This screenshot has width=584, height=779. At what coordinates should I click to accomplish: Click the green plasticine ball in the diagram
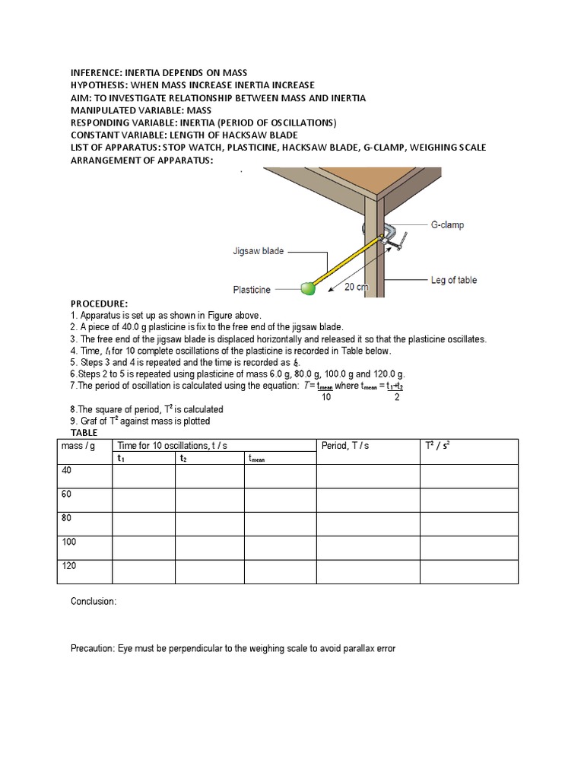click(308, 288)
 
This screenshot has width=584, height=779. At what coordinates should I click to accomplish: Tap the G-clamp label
click(447, 225)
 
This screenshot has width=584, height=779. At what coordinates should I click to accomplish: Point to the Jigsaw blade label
click(258, 250)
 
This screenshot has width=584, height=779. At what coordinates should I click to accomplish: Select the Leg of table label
click(454, 280)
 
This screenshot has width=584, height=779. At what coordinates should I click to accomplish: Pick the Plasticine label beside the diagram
click(252, 290)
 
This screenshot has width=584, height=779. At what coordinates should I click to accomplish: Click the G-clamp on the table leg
click(389, 237)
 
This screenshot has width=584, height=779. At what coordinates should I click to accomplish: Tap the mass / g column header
click(77, 445)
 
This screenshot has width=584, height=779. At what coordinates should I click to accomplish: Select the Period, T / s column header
click(344, 445)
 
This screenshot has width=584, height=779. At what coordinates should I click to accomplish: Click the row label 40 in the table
click(66, 470)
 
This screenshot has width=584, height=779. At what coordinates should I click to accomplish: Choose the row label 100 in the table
click(68, 542)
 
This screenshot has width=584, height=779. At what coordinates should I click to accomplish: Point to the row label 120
click(68, 566)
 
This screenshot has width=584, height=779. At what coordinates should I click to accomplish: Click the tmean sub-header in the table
click(256, 458)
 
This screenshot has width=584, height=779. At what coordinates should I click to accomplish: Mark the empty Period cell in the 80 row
click(367, 524)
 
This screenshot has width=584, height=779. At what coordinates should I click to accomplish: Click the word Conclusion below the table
click(94, 601)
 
